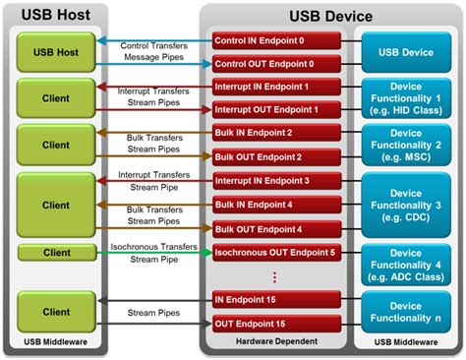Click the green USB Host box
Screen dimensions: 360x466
click(57, 51)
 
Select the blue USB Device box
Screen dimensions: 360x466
click(406, 51)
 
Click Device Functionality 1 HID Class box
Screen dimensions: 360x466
click(406, 98)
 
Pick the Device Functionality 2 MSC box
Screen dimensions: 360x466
click(406, 145)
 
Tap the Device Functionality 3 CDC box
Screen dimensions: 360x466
click(406, 204)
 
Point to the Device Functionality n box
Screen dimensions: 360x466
click(406, 312)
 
